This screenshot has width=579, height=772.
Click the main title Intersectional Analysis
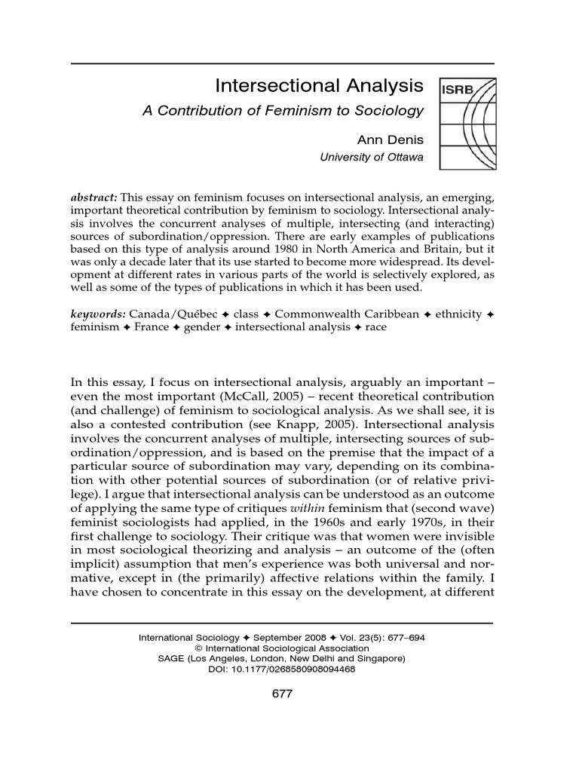pyautogui.click(x=320, y=85)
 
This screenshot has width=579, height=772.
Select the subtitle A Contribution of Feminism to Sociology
pyautogui.click(x=283, y=111)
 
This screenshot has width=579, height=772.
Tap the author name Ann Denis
pyautogui.click(x=390, y=140)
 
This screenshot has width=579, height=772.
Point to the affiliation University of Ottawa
pyautogui.click(x=372, y=157)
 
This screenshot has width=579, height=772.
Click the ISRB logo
pyautogui.click(x=467, y=124)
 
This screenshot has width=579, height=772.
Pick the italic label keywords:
pyautogui.click(x=98, y=314)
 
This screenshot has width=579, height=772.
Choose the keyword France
pyautogui.click(x=152, y=328)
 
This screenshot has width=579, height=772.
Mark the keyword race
pyautogui.click(x=375, y=328)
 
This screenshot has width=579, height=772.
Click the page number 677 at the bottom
pyautogui.click(x=281, y=694)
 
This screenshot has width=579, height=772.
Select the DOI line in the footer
pyautogui.click(x=281, y=668)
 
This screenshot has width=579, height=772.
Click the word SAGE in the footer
pyautogui.click(x=170, y=657)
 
